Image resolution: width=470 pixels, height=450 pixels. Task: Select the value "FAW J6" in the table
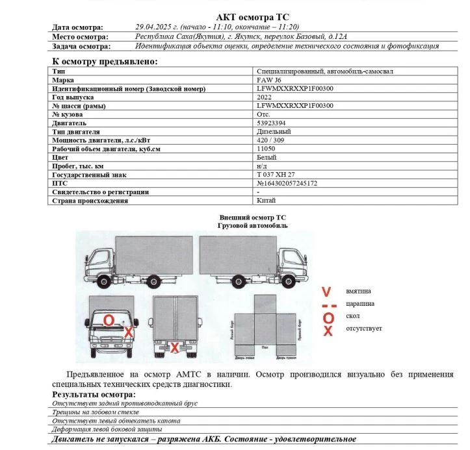[269, 79]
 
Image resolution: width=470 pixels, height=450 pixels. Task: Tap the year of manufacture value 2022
[264, 97]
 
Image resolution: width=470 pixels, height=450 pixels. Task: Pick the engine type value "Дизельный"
[274, 132]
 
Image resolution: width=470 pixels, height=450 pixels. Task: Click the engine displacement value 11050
[266, 149]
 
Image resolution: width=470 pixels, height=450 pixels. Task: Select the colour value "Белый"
[267, 157]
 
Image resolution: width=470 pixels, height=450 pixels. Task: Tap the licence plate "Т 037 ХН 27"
[276, 175]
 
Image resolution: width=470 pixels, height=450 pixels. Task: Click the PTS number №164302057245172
[287, 183]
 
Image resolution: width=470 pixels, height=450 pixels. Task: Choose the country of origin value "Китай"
[266, 201]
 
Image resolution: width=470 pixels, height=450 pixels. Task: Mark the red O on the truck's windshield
[109, 319]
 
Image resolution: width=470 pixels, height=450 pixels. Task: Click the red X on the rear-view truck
[174, 348]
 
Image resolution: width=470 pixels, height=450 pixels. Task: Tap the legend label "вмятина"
[358, 292]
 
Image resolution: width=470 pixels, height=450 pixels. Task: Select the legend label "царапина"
[361, 304]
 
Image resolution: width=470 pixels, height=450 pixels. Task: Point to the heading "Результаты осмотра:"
[94, 394]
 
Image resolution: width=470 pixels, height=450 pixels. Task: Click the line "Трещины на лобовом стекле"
[96, 412]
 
